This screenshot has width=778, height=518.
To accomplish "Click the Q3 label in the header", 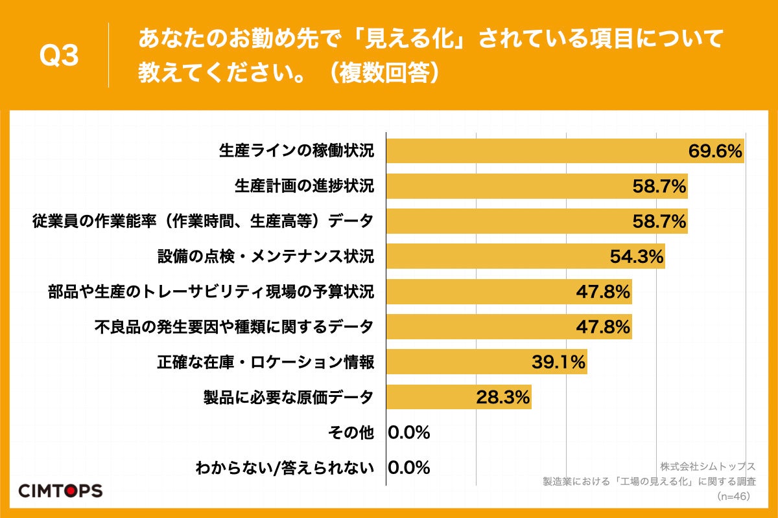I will pos(59,56).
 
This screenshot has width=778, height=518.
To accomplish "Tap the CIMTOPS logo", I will pos(60,490).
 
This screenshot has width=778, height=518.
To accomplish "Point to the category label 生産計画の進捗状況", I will pos(304,186).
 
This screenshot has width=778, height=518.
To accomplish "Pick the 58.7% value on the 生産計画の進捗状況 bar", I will pos(659,186).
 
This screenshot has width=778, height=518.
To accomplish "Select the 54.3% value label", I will pos(637,257).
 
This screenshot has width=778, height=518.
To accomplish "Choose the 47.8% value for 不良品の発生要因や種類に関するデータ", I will pos(604,327).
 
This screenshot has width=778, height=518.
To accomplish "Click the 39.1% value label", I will pos(559,362).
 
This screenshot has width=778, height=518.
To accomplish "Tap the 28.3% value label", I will pos(503,397).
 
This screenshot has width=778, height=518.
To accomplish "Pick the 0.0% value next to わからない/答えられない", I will pos(409,467).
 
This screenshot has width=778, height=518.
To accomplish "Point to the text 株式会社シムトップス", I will pos(708,466).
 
